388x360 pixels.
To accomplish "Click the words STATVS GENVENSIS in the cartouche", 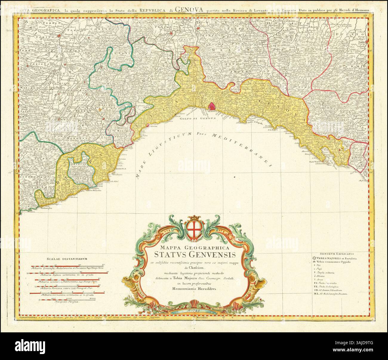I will point(195,255).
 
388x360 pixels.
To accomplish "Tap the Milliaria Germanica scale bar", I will point(67,293).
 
